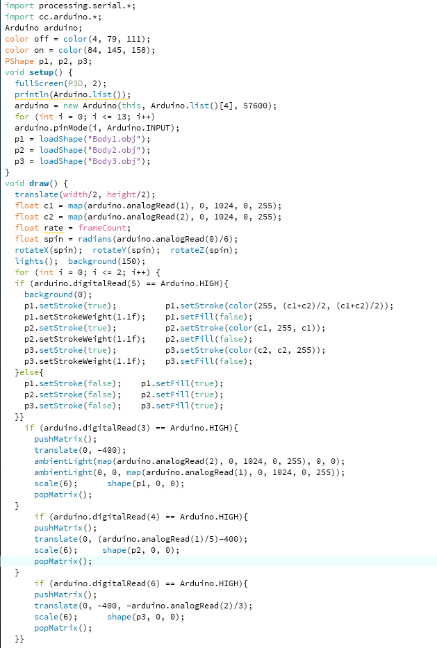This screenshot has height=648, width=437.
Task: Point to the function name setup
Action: pyautogui.click(x=42, y=72)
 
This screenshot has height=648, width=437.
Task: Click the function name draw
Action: pyautogui.click(x=39, y=183)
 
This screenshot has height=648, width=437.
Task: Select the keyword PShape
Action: pyautogui.click(x=19, y=61)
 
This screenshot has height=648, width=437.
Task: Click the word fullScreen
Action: pyautogui.click(x=39, y=83)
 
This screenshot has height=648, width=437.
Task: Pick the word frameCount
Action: pyautogui.click(x=102, y=228)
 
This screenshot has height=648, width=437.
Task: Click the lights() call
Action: pyautogui.click(x=36, y=261)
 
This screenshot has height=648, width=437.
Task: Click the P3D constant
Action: pyautogui.click(x=75, y=83)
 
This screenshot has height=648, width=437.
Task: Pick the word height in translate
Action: pyautogui.click(x=122, y=194)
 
